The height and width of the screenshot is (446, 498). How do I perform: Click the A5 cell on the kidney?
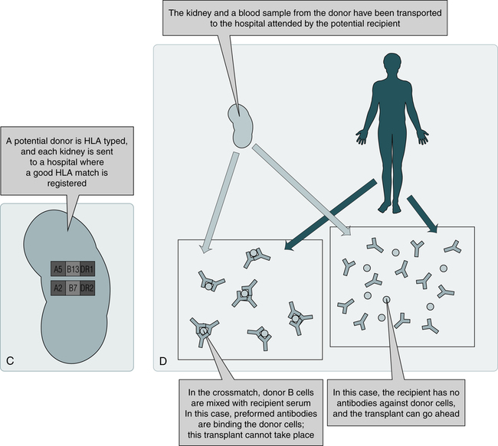(58, 269)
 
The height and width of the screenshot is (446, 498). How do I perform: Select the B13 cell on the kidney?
(73, 269)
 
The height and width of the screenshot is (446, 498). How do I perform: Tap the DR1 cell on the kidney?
(87, 269)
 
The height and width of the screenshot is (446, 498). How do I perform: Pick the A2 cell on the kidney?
(58, 288)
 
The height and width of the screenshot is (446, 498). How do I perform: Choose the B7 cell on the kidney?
(73, 288)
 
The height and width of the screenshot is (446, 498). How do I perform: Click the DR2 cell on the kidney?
(87, 288)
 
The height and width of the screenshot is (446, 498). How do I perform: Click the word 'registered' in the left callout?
(67, 183)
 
